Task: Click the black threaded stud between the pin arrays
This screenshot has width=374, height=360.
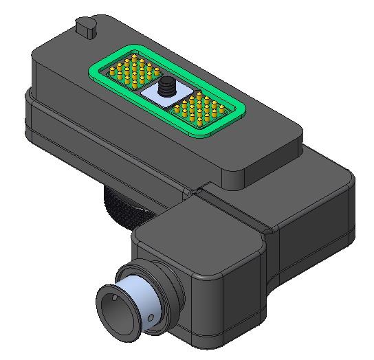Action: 166,88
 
